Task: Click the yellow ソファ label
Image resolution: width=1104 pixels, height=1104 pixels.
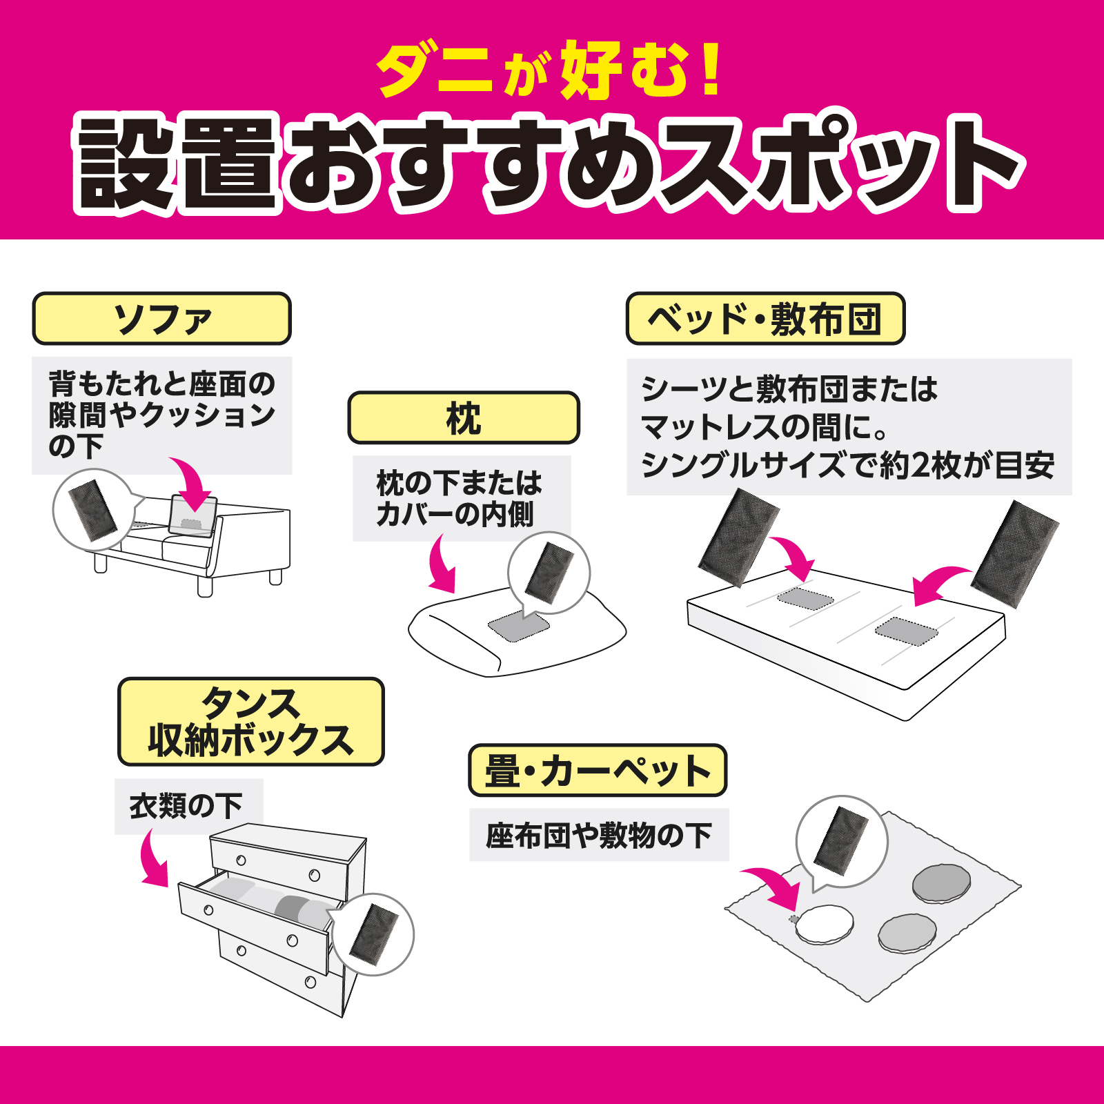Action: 161,319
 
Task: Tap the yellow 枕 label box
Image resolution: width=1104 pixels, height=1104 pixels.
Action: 464,418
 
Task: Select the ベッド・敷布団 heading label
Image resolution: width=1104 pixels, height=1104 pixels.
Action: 765,319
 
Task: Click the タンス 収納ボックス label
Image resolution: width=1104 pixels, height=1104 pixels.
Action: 250,722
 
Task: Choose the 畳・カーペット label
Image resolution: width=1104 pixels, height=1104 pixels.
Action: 598,770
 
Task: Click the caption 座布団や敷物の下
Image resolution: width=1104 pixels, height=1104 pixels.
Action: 598,836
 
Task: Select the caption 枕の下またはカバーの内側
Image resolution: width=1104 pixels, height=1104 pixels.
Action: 460,498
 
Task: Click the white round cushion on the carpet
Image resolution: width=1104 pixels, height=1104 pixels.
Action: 824,925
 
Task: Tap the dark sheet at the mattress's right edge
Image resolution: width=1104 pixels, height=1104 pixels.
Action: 1014,555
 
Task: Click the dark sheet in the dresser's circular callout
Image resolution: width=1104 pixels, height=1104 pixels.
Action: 373,934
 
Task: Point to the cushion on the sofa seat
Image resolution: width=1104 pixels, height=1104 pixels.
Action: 194,515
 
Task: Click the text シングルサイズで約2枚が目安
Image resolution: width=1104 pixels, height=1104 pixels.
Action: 847,465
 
